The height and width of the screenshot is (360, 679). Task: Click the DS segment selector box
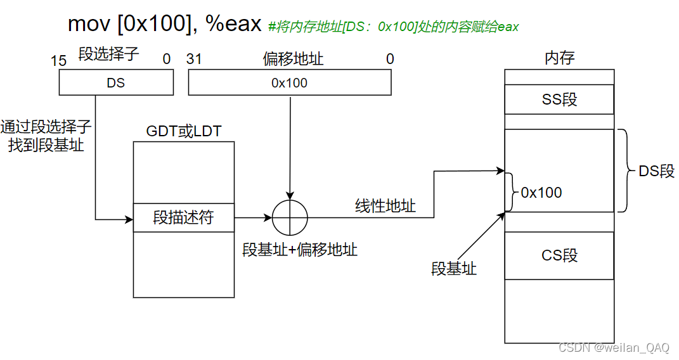tap(115, 82)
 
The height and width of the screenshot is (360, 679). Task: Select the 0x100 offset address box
tap(289, 82)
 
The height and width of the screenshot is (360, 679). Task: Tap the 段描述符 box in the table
tap(183, 218)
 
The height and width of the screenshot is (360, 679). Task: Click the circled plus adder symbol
tap(290, 217)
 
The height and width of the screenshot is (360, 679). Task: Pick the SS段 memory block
tap(559, 100)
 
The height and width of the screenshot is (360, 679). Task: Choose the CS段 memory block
tap(559, 255)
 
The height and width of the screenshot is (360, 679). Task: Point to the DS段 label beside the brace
tap(656, 171)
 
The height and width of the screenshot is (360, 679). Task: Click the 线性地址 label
tap(385, 205)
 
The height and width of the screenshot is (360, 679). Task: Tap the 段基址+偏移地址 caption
tap(300, 250)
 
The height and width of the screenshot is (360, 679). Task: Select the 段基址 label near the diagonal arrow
tap(454, 269)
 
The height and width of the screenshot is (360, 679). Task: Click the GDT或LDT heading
tap(184, 131)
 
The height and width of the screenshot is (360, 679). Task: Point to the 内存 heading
tap(559, 58)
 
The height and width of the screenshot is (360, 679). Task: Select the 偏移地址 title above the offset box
tap(293, 59)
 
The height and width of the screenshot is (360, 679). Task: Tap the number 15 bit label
tap(58, 60)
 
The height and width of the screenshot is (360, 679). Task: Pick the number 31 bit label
tap(194, 59)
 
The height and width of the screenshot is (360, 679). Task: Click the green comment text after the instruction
tap(394, 27)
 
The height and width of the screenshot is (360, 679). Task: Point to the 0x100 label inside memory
tap(541, 193)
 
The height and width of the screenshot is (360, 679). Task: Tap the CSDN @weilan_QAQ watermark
tap(613, 348)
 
